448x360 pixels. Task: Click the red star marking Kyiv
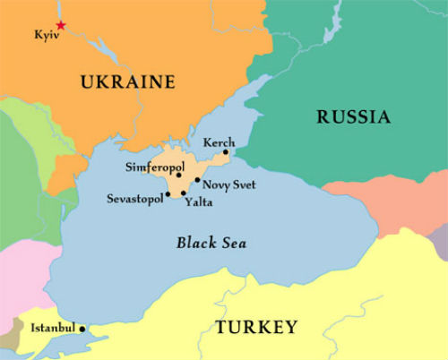pyautogui.click(x=60, y=25)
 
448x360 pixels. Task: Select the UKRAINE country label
pyautogui.click(x=127, y=82)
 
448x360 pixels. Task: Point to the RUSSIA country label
pyautogui.click(x=353, y=116)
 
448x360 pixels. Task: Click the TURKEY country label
pyautogui.click(x=255, y=327)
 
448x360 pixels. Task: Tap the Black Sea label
pyautogui.click(x=211, y=243)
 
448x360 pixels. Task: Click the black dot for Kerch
pyautogui.click(x=226, y=152)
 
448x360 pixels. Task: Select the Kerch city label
pyautogui.click(x=219, y=141)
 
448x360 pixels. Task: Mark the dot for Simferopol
pyautogui.click(x=179, y=175)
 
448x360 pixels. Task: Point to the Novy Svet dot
pyautogui.click(x=197, y=180)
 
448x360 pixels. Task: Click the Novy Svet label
pyautogui.click(x=229, y=184)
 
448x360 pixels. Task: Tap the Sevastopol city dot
pyautogui.click(x=168, y=193)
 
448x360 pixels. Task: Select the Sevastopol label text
pyautogui.click(x=134, y=198)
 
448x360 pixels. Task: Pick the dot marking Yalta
pyautogui.click(x=184, y=193)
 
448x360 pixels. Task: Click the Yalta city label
pyautogui.click(x=198, y=202)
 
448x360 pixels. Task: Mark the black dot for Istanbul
pyautogui.click(x=82, y=329)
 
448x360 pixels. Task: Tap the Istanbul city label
pyautogui.click(x=53, y=329)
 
